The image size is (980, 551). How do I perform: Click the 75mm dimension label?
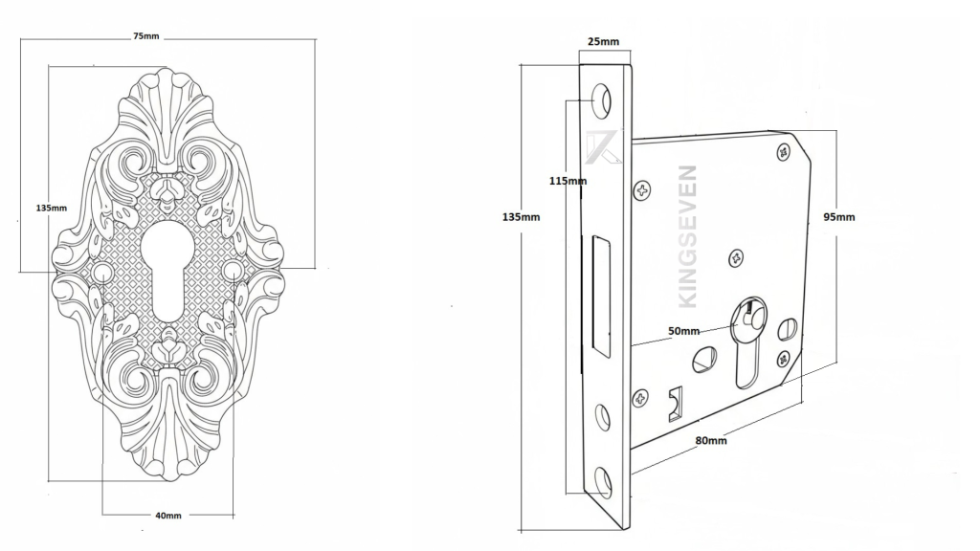tap(146, 36)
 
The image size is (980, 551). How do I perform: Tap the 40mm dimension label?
tap(167, 515)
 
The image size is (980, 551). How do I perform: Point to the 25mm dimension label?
tap(603, 42)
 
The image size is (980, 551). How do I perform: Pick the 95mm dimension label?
tap(839, 217)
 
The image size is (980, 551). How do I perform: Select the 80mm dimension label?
tap(710, 440)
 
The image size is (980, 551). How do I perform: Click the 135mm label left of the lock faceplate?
tap(521, 217)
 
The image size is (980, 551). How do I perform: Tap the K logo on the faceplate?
tap(604, 146)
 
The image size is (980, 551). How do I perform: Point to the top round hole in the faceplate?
tap(603, 97)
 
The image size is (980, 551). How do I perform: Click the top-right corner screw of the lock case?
tap(785, 151)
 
